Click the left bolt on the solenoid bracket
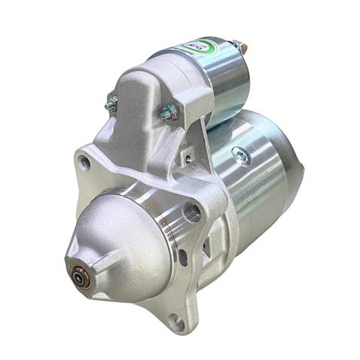tap(111, 105)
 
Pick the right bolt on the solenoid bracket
tap(169, 112)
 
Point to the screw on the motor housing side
tap(241, 156)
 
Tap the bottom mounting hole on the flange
tap(176, 322)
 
